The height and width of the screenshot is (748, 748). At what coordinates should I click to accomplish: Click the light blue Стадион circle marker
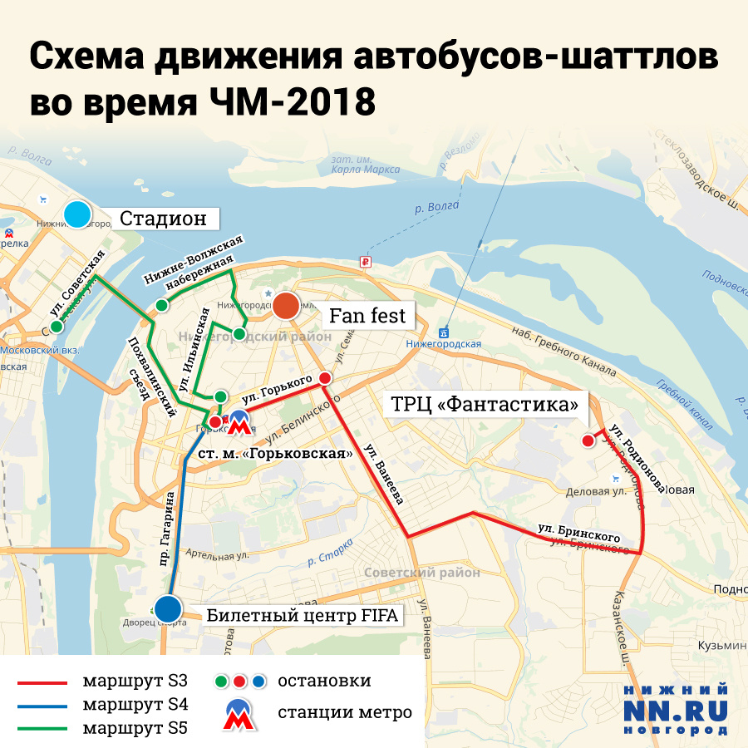tap(77, 215)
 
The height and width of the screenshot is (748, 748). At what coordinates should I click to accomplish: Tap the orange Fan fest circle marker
tap(287, 307)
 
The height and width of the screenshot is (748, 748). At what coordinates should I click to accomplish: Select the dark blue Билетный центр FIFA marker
tap(169, 608)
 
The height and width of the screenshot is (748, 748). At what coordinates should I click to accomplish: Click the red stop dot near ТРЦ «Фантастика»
tap(588, 440)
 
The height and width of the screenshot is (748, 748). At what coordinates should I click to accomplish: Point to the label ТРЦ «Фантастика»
tap(485, 406)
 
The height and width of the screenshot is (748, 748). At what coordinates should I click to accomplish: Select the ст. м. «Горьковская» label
tap(276, 454)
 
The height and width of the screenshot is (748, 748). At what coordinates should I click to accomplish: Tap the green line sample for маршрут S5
tap(42, 729)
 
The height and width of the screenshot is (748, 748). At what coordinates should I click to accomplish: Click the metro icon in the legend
tap(239, 712)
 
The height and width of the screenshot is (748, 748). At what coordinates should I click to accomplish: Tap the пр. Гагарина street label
tap(166, 520)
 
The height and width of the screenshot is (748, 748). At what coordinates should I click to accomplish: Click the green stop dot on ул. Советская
tap(57, 327)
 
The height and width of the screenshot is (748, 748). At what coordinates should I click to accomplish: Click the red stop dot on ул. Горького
tap(325, 378)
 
